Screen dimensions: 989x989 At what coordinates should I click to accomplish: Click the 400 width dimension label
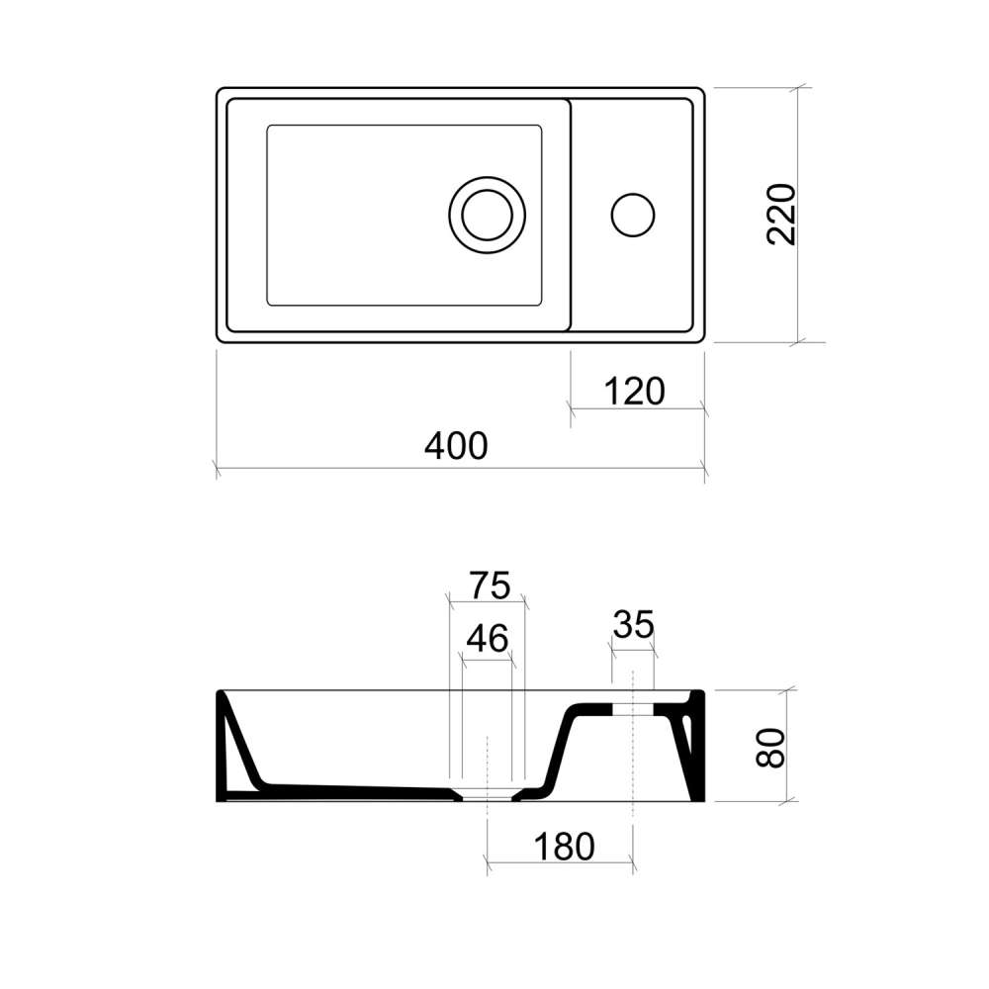pyautogui.click(x=455, y=446)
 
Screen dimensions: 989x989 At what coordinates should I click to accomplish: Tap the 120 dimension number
pyautogui.click(x=634, y=391)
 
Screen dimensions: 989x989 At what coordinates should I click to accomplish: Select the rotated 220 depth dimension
pyautogui.click(x=781, y=215)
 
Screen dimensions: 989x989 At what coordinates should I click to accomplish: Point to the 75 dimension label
pyautogui.click(x=491, y=585)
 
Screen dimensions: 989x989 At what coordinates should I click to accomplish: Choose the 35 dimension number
pyautogui.click(x=633, y=624)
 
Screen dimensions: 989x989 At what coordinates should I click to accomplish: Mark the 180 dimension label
pyautogui.click(x=564, y=847)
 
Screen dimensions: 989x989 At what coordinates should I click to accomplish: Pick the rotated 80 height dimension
pyautogui.click(x=770, y=748)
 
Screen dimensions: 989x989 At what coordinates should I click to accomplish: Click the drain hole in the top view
pyautogui.click(x=487, y=215)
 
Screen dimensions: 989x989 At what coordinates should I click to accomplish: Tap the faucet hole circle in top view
pyautogui.click(x=633, y=215)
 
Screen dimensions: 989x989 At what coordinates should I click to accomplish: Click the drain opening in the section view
pyautogui.click(x=487, y=797)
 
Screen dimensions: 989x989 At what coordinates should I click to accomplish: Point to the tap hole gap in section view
pyautogui.click(x=633, y=709)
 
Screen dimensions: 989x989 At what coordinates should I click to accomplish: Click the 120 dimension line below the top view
pyautogui.click(x=637, y=408)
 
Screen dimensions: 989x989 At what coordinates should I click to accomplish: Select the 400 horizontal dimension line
pyautogui.click(x=461, y=469)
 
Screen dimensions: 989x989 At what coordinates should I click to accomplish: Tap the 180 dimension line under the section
pyautogui.click(x=560, y=861)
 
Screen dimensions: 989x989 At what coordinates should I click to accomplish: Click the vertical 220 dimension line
pyautogui.click(x=798, y=215)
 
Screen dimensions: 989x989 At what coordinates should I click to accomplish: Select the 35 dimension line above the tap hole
pyautogui.click(x=633, y=650)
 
